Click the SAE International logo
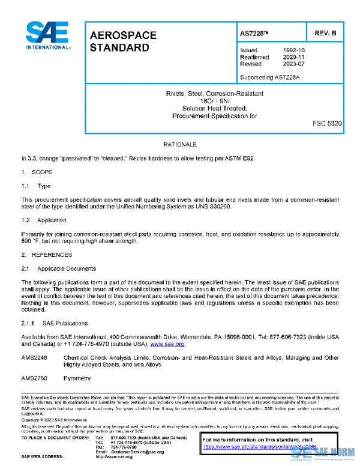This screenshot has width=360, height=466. pos(47,35)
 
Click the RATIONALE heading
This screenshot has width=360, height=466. pos(179,145)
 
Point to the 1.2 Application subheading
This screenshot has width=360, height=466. pos(44,220)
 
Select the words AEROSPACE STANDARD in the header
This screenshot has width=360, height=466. pos(123,41)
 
